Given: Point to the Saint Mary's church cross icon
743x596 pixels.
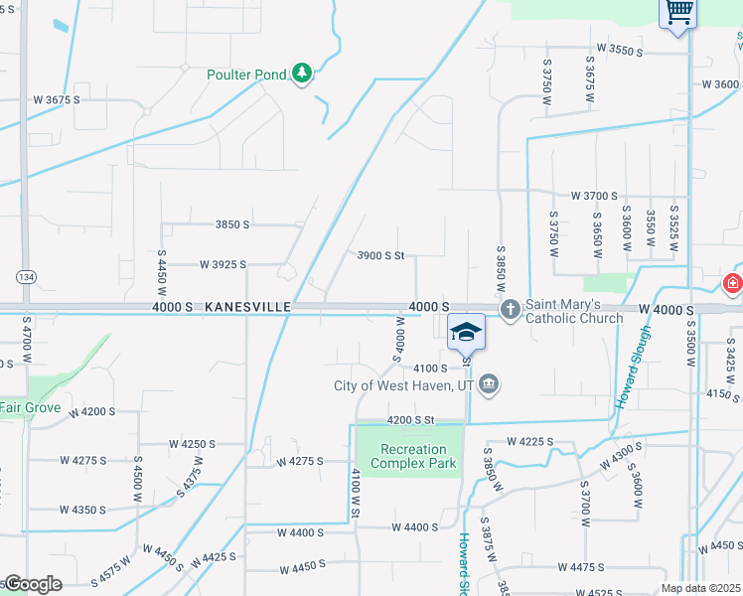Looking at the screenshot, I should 511,310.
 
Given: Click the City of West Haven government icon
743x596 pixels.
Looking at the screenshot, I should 489,383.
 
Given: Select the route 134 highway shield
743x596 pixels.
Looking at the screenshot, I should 25,275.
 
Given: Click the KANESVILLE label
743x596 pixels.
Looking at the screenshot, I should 247,308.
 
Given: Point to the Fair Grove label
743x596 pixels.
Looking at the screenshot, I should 30,408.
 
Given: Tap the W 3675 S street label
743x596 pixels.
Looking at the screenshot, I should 56,100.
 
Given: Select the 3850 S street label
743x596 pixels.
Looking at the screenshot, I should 231,225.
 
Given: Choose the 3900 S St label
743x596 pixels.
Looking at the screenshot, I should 380,255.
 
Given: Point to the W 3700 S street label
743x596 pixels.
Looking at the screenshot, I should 595,197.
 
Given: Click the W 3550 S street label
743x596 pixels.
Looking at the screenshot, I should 621,49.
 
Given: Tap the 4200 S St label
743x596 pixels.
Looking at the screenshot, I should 411,420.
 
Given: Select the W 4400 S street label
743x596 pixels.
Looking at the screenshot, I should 414,527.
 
